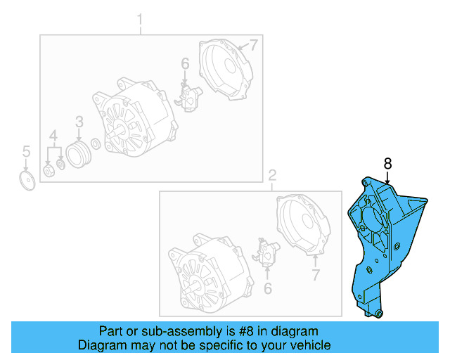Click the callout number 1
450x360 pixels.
pyautogui.click(x=139, y=18)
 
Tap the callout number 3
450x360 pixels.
pyautogui.click(x=79, y=122)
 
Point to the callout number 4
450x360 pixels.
pyautogui.click(x=53, y=135)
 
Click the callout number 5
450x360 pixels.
pyautogui.click(x=26, y=150)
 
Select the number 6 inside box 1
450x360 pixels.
pyautogui.click(x=185, y=64)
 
